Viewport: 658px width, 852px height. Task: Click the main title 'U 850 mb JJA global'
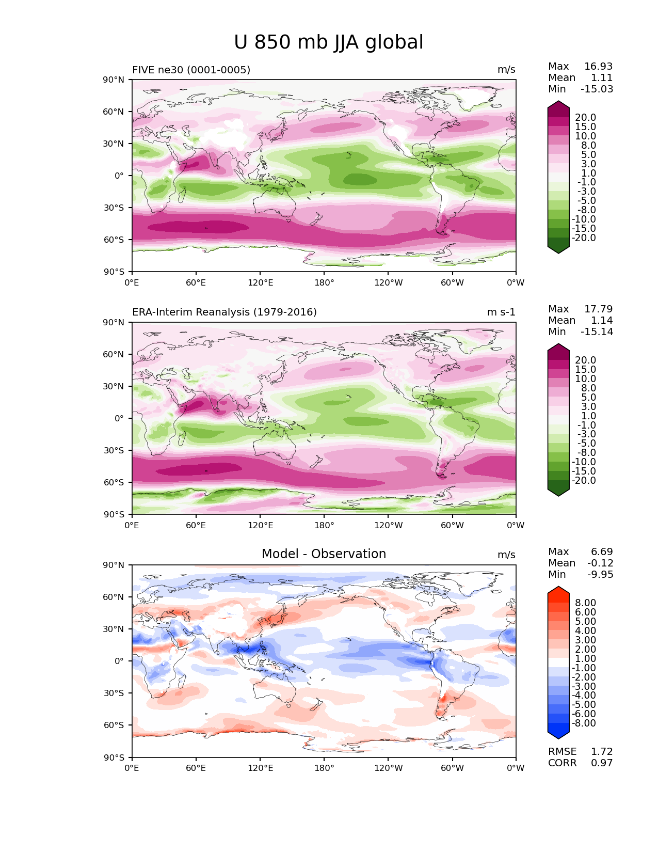(x=328, y=42)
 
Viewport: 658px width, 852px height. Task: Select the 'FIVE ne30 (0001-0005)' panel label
(x=191, y=70)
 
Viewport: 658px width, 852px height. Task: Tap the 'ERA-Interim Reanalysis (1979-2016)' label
(x=224, y=312)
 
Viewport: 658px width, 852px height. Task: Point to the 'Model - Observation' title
(x=324, y=554)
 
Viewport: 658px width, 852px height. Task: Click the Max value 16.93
(x=598, y=66)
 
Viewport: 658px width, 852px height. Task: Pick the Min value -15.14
(x=597, y=332)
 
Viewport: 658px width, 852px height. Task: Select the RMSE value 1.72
(x=602, y=751)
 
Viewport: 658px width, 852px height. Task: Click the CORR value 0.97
(x=602, y=763)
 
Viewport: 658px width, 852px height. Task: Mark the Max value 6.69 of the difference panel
(x=602, y=551)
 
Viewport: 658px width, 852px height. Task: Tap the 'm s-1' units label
(x=501, y=312)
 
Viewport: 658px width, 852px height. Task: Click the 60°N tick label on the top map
(x=113, y=112)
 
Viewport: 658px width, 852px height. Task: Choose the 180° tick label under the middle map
(x=324, y=525)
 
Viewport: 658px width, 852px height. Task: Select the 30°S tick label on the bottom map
(x=114, y=693)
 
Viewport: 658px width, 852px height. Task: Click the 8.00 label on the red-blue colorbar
(x=586, y=603)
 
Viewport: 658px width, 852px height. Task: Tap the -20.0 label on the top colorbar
(x=584, y=238)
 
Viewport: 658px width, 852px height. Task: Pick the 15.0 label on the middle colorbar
(x=586, y=369)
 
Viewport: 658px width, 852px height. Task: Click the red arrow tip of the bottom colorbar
(x=558, y=587)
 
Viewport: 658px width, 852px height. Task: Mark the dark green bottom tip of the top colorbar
(x=558, y=253)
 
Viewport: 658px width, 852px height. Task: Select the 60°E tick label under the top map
(x=196, y=282)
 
